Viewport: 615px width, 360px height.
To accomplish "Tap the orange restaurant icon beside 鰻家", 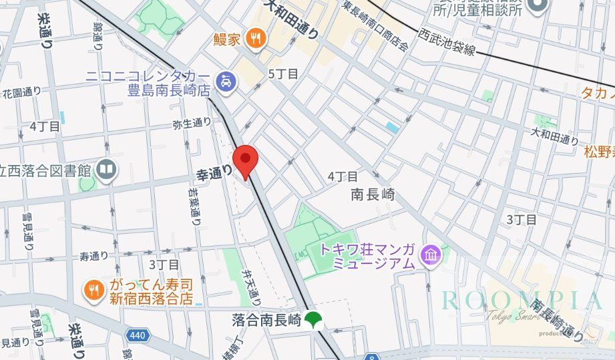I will click(x=254, y=39).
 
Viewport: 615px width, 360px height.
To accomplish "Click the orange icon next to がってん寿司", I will click(x=92, y=289).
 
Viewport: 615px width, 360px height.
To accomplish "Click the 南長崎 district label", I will click(x=373, y=195).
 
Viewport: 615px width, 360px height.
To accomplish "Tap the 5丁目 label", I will click(x=282, y=73).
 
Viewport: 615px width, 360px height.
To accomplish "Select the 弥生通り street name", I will click(x=192, y=123).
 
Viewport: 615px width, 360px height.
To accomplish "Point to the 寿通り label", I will click(x=93, y=256).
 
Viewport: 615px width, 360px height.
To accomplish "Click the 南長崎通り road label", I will click(x=558, y=320).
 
